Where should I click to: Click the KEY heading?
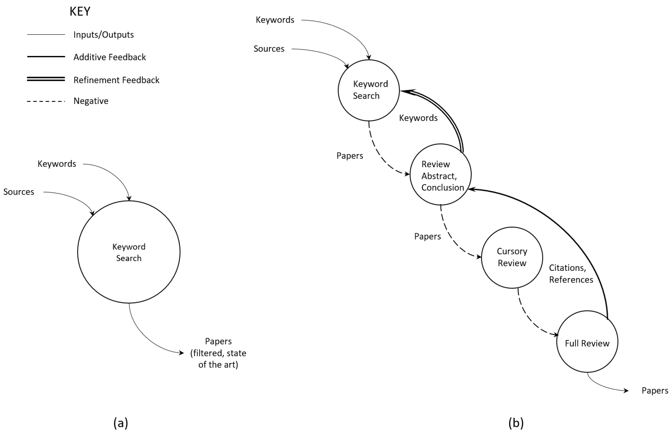(x=80, y=12)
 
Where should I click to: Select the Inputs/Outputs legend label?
(x=104, y=35)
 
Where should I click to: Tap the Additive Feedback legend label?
(x=109, y=57)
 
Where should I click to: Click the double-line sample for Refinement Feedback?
(x=46, y=79)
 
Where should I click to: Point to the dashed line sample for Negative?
(x=46, y=101)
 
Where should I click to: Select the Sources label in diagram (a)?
(x=19, y=192)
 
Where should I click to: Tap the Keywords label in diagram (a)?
(x=57, y=164)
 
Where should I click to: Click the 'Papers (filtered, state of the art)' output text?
(x=218, y=353)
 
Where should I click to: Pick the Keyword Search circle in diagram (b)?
(x=369, y=90)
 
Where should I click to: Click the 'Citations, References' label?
(x=571, y=274)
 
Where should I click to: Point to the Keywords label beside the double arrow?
(x=418, y=118)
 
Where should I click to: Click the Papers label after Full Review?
(x=655, y=391)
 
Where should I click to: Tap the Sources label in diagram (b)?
(x=269, y=49)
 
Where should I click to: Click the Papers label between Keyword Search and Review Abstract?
(x=349, y=156)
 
